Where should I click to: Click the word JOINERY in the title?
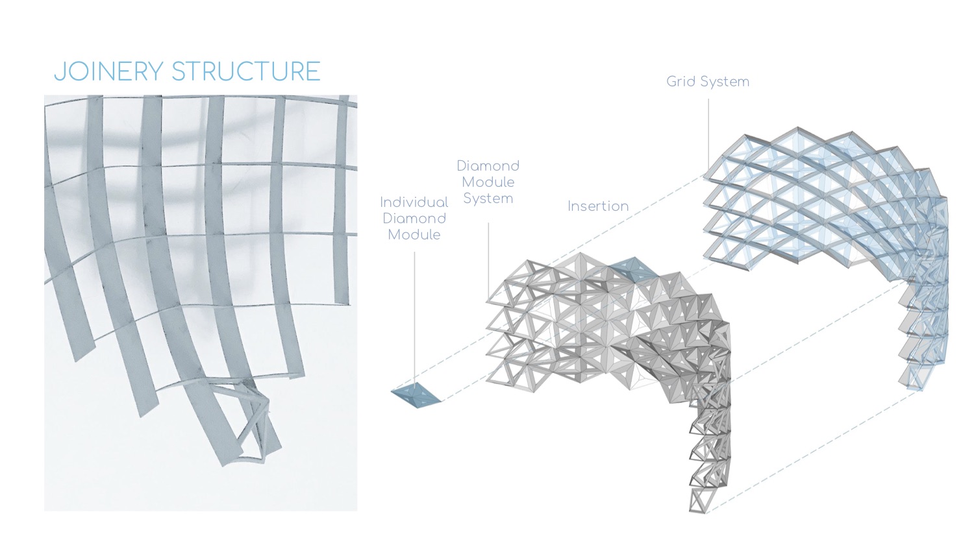point(108,71)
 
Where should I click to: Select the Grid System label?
point(708,82)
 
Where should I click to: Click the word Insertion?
point(598,206)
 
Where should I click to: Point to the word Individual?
point(414,202)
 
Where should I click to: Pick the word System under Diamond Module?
point(488,199)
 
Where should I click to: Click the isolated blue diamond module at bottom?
point(416,395)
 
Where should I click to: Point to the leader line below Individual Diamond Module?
point(415,311)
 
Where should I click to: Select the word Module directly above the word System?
point(488,182)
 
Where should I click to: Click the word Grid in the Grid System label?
point(681,82)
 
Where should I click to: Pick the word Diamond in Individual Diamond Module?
point(414,219)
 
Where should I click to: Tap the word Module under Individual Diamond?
point(414,235)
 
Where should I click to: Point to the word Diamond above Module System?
point(488,166)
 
